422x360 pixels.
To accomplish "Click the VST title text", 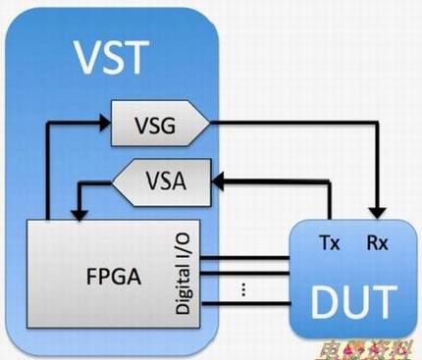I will click(x=115, y=58).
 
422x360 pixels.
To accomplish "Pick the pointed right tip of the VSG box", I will click(x=209, y=124).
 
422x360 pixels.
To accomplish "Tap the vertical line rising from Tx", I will click(x=327, y=201).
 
